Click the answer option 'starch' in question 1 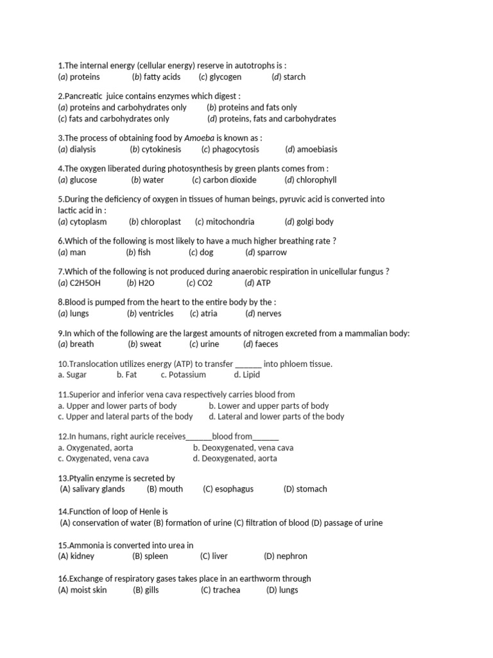pos(294,77)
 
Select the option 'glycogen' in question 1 pos(225,77)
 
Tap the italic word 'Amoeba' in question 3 pos(199,138)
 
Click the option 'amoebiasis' pos(317,149)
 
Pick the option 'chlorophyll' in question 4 pos(316,180)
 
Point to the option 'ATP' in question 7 pos(263,283)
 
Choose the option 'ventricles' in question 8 pos(157,314)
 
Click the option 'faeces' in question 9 pos(266,344)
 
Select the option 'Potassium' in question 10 pos(187,375)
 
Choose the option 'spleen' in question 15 pos(157,556)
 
